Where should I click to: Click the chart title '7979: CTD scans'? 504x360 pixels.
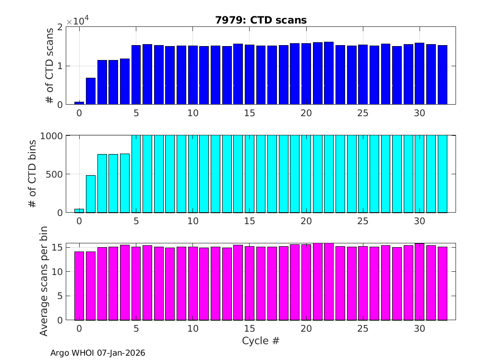pyautogui.click(x=260, y=20)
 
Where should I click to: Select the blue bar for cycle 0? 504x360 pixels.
pyautogui.click(x=79, y=103)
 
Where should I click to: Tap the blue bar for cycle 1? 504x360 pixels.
pyautogui.click(x=91, y=91)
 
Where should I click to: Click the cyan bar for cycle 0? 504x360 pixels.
pyautogui.click(x=79, y=210)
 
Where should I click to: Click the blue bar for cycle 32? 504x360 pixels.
pyautogui.click(x=442, y=75)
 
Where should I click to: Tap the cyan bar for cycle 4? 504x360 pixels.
pyautogui.click(x=125, y=183)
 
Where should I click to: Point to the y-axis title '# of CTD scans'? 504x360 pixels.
pyautogui.click(x=49, y=66)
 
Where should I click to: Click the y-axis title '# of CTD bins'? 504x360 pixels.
pyautogui.click(x=33, y=174)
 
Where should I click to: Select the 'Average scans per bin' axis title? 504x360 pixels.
pyautogui.click(x=44, y=282)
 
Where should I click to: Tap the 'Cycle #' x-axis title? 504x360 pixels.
pyautogui.click(x=260, y=341)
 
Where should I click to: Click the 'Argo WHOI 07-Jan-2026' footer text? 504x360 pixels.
pyautogui.click(x=98, y=353)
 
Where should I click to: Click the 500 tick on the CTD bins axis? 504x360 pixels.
pyautogui.click(x=54, y=174)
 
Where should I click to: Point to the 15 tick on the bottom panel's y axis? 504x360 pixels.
pyautogui.click(x=57, y=248)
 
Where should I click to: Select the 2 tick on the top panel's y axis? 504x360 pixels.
pyautogui.click(x=60, y=27)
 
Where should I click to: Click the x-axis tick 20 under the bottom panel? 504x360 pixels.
pyautogui.click(x=306, y=329)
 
